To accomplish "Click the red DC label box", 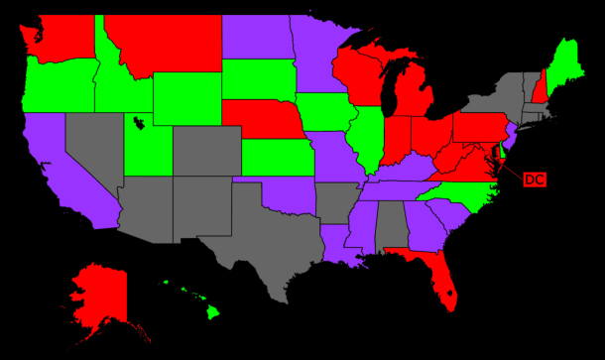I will coord(533,180).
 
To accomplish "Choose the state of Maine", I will coord(566,60).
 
